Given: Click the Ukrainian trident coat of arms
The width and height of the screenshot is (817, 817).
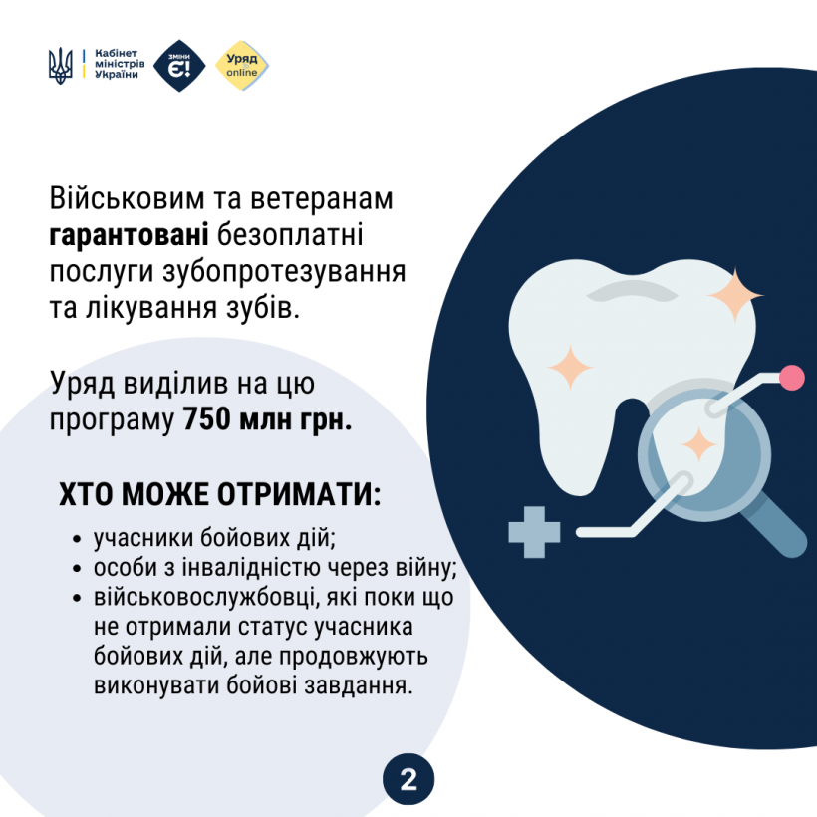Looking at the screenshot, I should [x=60, y=66].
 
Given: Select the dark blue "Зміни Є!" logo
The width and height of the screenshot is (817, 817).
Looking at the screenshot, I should [x=180, y=66].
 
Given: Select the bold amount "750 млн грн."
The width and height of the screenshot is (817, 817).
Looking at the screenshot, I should [x=267, y=418].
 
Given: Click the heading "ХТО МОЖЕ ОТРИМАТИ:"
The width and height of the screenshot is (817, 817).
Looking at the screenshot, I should [x=219, y=495].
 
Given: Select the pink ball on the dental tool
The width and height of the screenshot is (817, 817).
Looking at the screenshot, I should [x=792, y=377].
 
